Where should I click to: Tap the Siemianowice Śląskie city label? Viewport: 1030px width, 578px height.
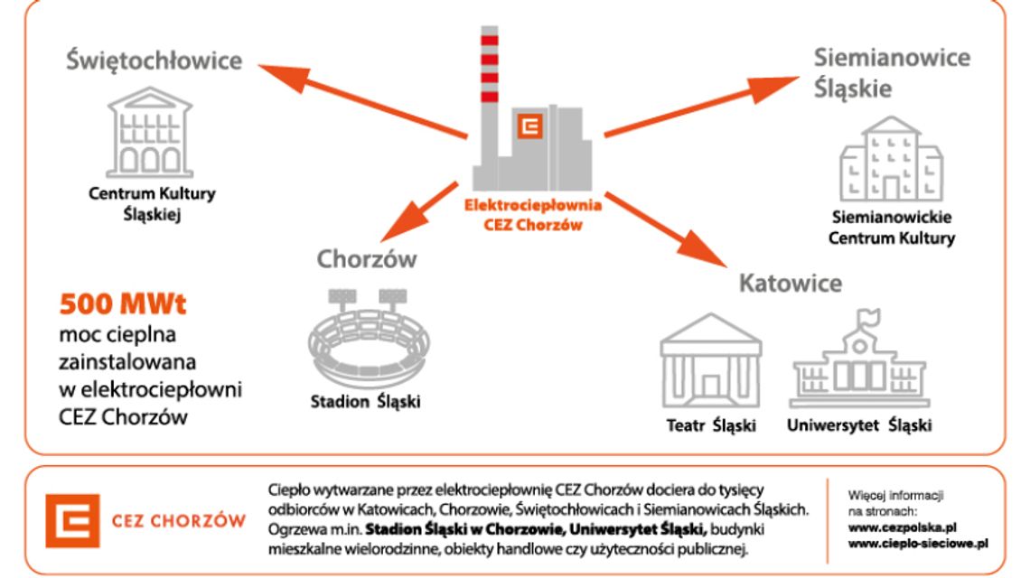892,72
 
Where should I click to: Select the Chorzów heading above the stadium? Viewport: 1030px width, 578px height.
367,259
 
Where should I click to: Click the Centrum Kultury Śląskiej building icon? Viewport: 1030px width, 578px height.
150,136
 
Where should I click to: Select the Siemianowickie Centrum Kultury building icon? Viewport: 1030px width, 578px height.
891,160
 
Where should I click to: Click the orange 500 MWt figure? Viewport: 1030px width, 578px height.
122,304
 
